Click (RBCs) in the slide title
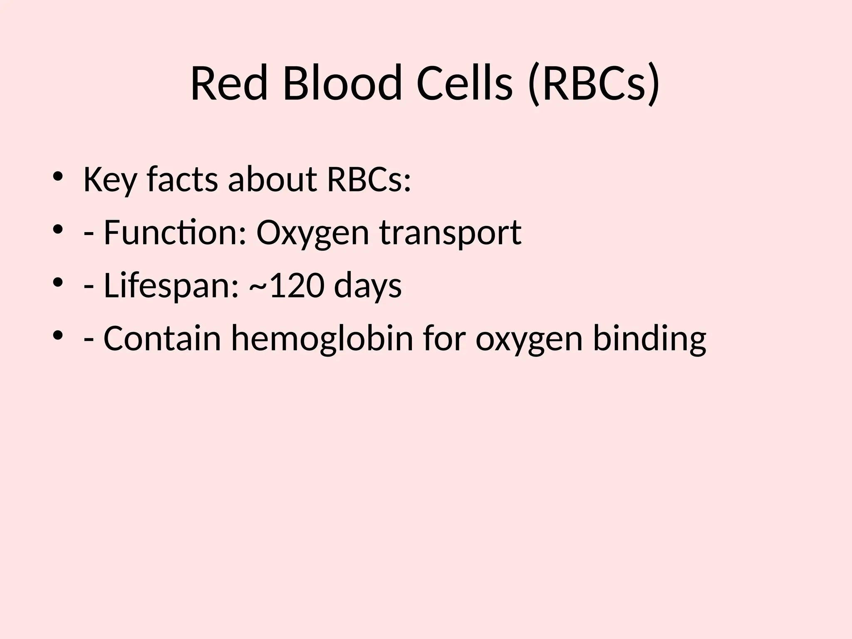(593, 84)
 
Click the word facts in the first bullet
(182, 180)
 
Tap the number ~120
(287, 286)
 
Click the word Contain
(162, 339)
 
